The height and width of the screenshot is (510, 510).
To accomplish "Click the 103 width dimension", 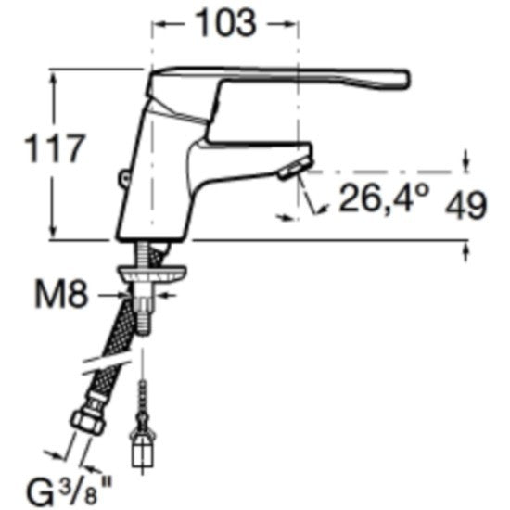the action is click(x=226, y=23).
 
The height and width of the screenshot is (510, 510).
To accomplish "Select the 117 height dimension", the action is click(x=55, y=148).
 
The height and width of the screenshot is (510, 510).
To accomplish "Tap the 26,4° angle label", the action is click(x=384, y=198).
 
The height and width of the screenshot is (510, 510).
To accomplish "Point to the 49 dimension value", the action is click(x=466, y=206).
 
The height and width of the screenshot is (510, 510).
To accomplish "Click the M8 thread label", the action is click(x=61, y=295).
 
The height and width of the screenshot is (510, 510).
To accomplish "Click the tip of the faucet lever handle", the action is click(x=408, y=79).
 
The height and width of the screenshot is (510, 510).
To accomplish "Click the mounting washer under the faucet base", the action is click(x=152, y=274).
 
